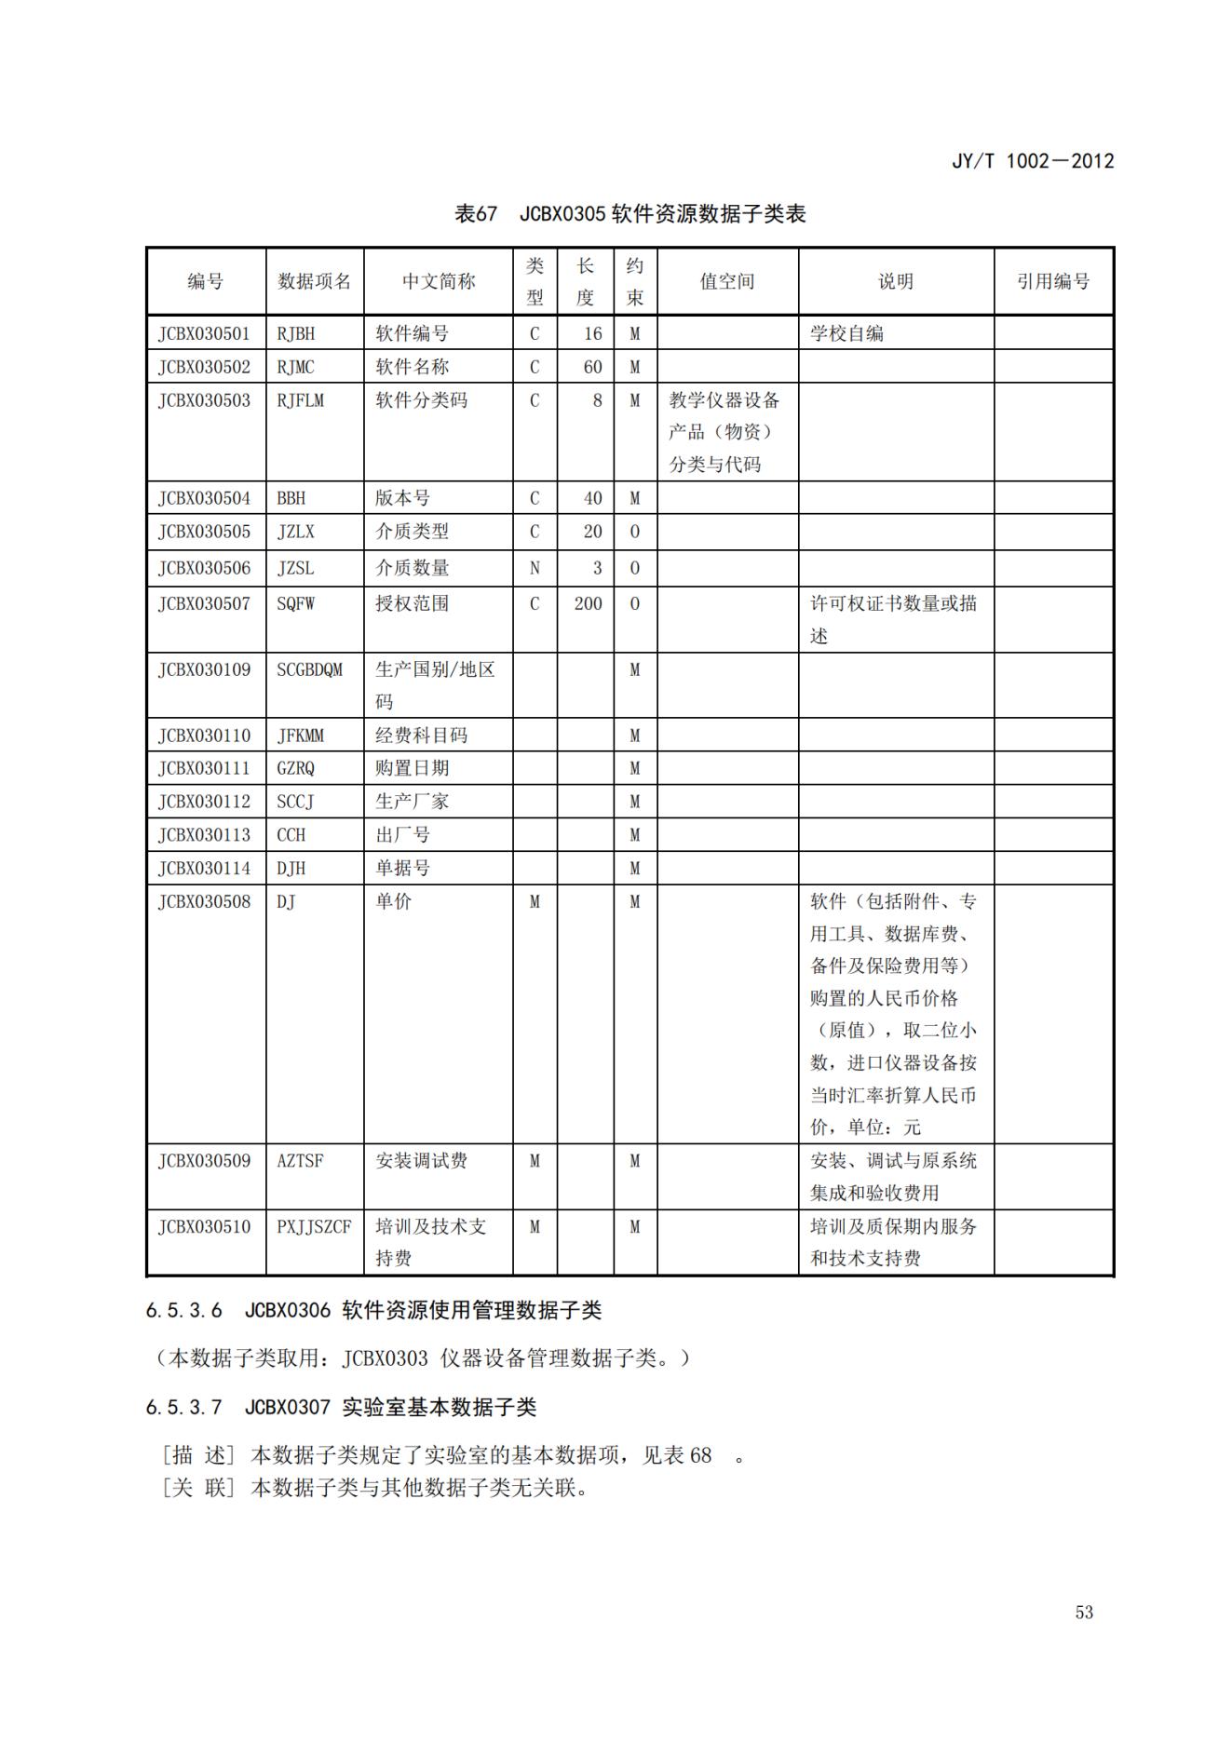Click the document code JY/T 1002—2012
1032,161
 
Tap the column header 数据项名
314,281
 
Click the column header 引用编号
1052,281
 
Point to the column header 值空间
726,281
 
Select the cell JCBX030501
204,333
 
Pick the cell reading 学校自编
846,333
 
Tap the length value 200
588,603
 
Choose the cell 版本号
402,498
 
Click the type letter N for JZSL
535,568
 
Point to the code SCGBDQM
309,669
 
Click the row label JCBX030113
204,835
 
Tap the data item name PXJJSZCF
314,1227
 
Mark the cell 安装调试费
421,1161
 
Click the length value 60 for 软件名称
592,367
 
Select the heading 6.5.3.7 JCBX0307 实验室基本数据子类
341,1407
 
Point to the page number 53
1084,1613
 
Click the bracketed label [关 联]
198,1488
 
